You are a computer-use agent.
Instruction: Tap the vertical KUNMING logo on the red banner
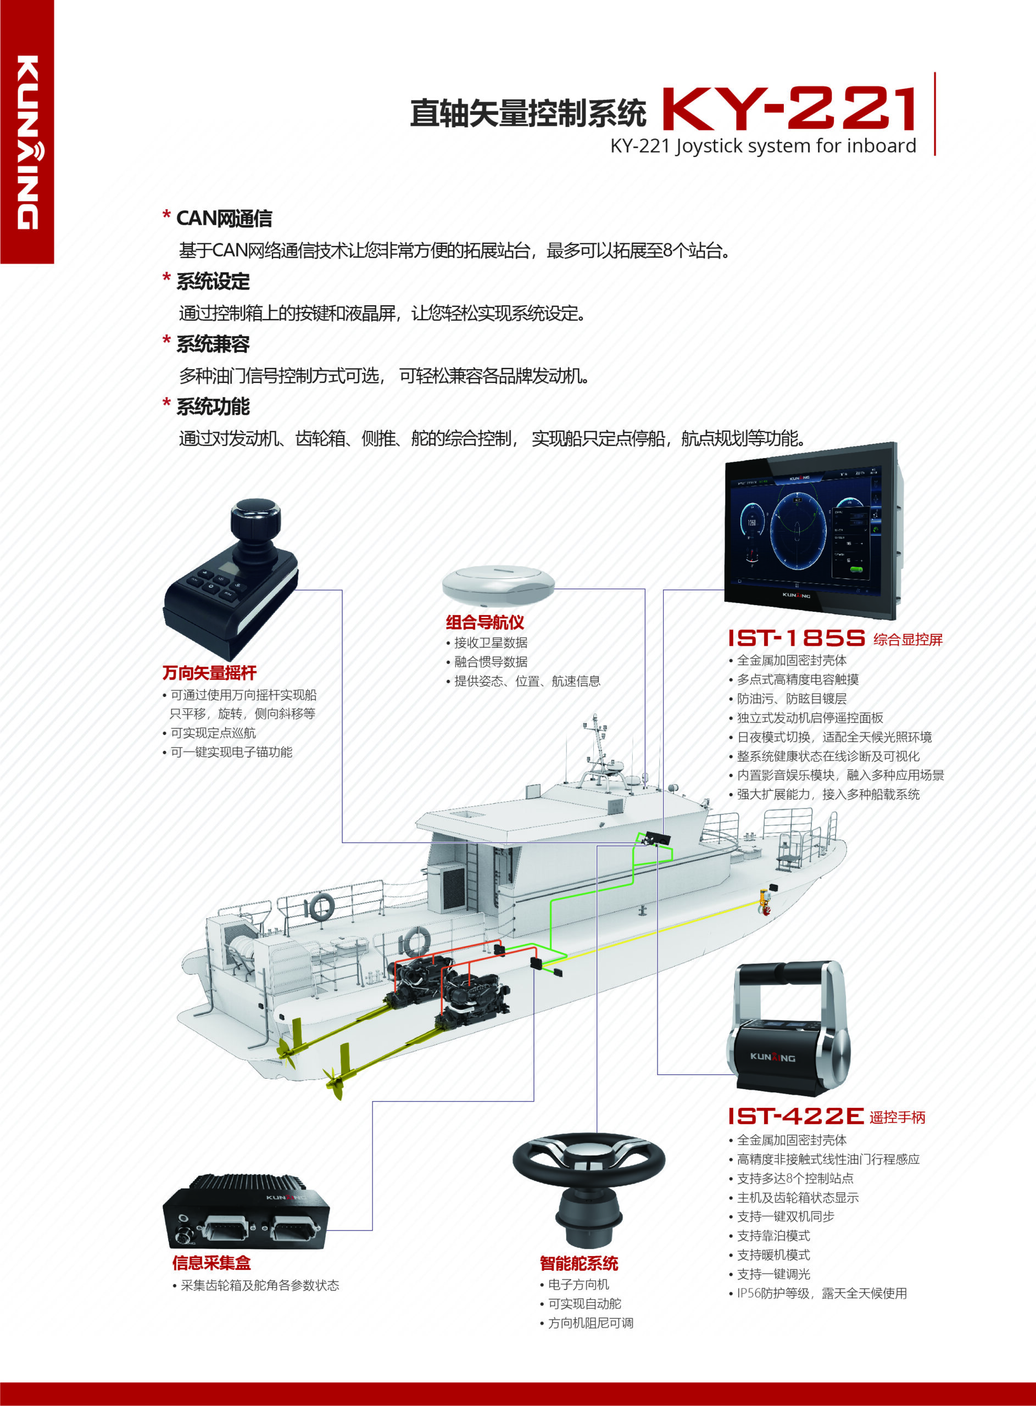coord(28,142)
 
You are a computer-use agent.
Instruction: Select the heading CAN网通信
coord(224,218)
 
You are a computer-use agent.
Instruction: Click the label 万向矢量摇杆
coord(209,673)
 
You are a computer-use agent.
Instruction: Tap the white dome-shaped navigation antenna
coord(499,585)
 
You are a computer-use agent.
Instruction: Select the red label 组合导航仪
coord(484,622)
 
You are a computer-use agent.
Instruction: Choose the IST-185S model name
coord(797,638)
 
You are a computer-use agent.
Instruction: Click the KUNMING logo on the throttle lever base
coord(773,1057)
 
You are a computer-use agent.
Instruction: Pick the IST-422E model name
coord(796,1116)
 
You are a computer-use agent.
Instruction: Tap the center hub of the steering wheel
coord(588,1156)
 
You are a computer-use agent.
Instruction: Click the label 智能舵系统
coord(579,1264)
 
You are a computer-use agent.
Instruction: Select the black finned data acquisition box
coord(246,1212)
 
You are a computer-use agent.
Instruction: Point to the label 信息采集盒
coord(211,1263)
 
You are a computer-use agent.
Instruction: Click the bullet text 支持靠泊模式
coord(773,1236)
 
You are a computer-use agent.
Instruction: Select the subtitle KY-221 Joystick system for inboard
coord(763,146)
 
